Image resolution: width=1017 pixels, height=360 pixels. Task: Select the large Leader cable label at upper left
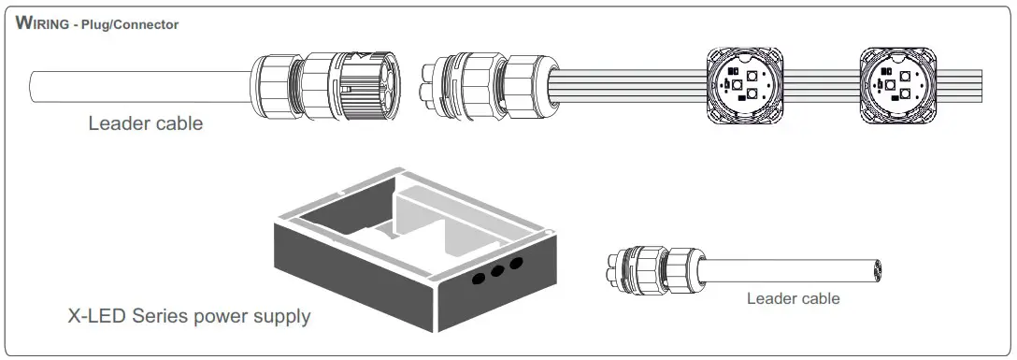click(145, 123)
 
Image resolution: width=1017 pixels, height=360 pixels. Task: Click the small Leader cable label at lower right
click(793, 299)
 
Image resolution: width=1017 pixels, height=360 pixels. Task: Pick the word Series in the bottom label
click(165, 316)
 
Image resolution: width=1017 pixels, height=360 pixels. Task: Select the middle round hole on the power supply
click(497, 272)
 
